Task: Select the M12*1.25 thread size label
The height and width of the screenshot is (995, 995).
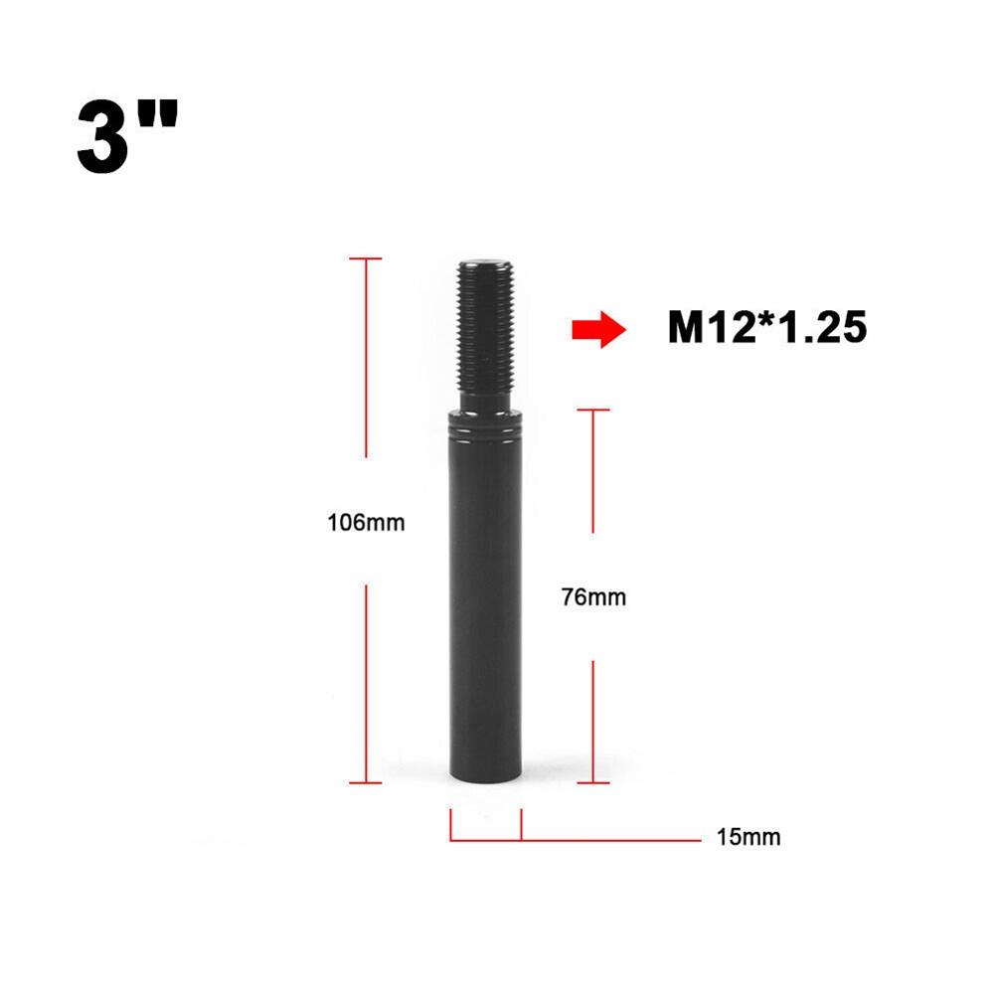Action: pyautogui.click(x=766, y=328)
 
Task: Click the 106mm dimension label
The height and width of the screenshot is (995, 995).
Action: pyautogui.click(x=366, y=522)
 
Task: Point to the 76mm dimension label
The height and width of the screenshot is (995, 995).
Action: pyautogui.click(x=592, y=597)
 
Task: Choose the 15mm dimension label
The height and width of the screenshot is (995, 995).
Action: pyautogui.click(x=747, y=837)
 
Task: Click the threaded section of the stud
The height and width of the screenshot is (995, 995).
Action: pyautogui.click(x=486, y=328)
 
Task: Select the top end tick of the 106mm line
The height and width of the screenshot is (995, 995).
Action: pyautogui.click(x=366, y=258)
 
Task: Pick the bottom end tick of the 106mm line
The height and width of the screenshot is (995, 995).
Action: pyautogui.click(x=366, y=782)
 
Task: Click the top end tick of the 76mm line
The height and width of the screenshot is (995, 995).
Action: pyautogui.click(x=592, y=409)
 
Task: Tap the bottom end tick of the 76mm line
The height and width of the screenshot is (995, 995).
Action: pyautogui.click(x=592, y=782)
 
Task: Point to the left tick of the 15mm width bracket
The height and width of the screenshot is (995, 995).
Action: pyautogui.click(x=451, y=825)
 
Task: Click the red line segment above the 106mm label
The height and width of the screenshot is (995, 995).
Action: pyautogui.click(x=366, y=358)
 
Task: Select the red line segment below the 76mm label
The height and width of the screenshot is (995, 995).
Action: pyautogui.click(x=592, y=721)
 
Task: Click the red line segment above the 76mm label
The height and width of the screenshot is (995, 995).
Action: pyautogui.click(x=592, y=472)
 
